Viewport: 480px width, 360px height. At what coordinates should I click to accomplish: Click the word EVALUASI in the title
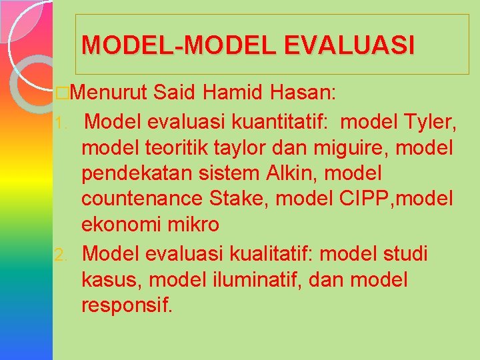point(349,45)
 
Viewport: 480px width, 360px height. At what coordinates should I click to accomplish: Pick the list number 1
point(59,123)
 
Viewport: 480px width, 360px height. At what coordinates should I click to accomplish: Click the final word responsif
point(127,306)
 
